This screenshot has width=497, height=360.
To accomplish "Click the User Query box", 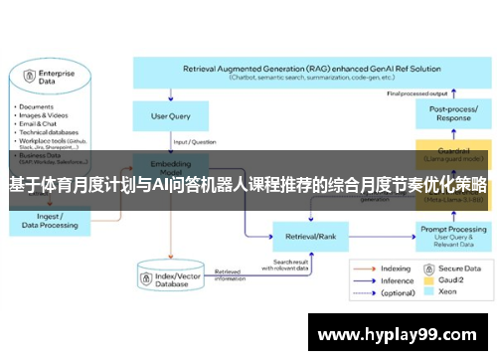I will point(171,115).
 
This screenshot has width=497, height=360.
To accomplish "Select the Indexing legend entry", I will point(391,269).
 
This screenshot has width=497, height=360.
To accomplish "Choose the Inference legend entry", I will point(391,281).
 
